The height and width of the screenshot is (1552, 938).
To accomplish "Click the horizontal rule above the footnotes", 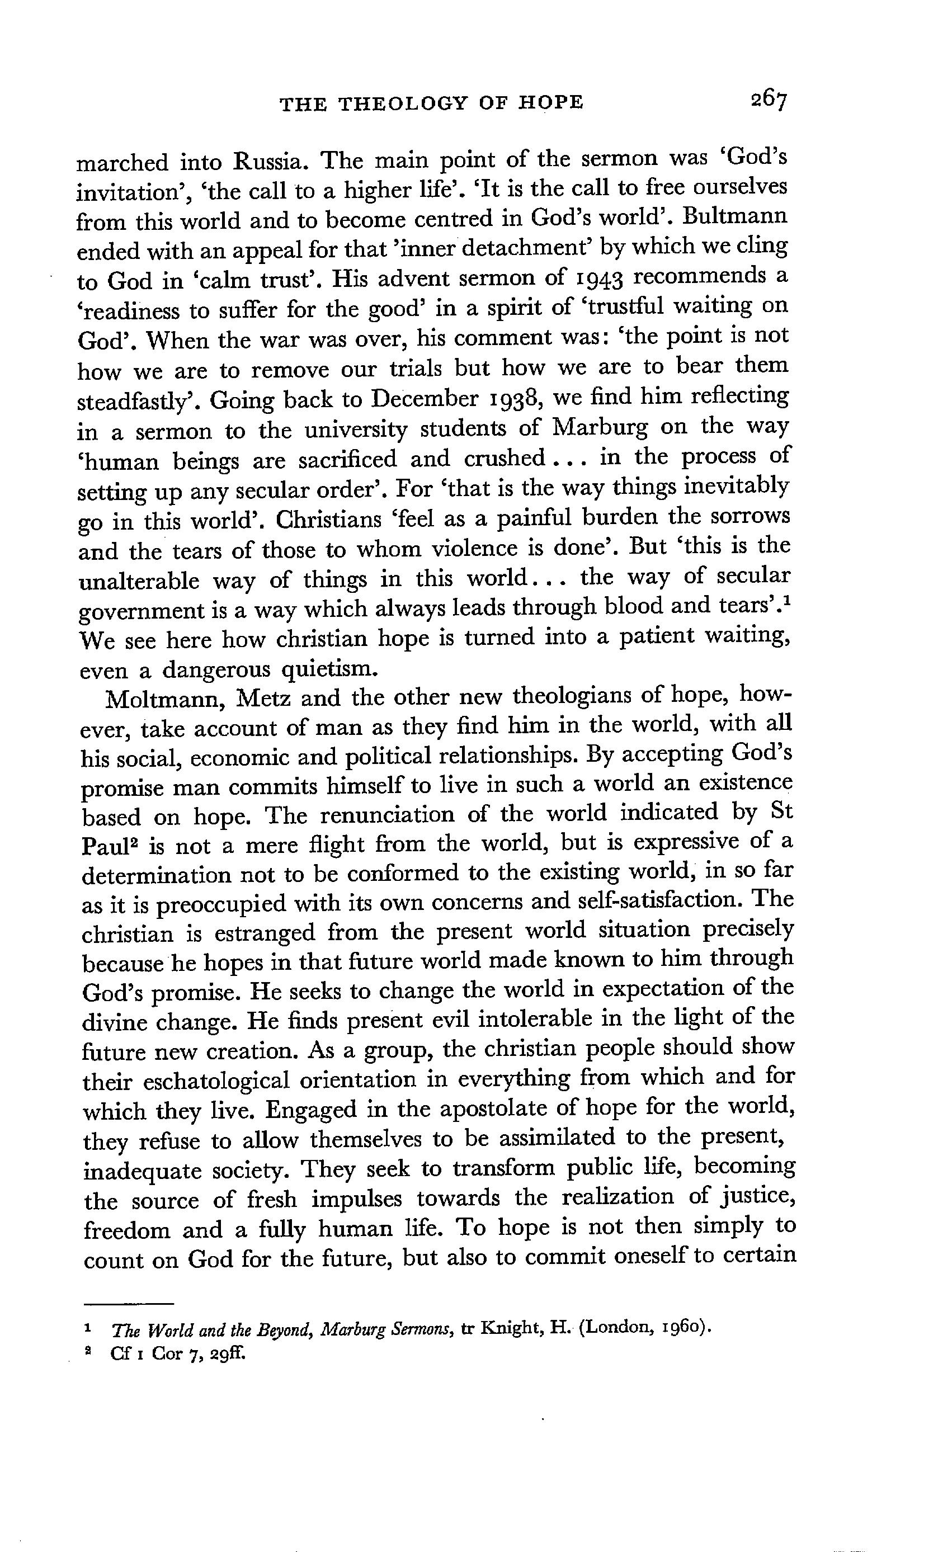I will (129, 1303).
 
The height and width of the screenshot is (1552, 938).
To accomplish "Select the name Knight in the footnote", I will (512, 1328).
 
